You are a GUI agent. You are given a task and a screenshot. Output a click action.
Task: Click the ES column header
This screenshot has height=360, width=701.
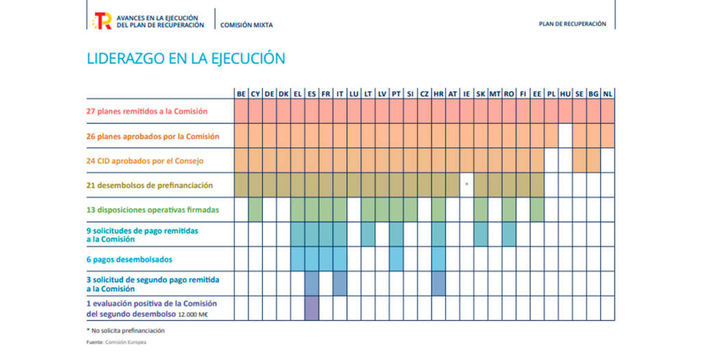(311, 94)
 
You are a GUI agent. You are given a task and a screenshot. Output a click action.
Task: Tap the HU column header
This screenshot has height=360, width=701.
(565, 94)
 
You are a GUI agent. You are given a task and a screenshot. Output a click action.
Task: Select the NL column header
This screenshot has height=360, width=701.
(608, 94)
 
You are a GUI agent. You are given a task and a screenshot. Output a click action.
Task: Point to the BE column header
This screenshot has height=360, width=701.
(242, 94)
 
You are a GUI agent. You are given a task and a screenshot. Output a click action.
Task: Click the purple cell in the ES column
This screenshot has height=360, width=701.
(311, 308)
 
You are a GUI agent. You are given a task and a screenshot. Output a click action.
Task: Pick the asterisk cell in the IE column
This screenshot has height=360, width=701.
(467, 185)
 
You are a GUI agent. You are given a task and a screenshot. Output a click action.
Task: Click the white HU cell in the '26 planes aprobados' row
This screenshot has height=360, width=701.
(565, 136)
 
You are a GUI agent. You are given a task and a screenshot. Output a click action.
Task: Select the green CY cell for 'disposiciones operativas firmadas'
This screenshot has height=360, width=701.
(255, 209)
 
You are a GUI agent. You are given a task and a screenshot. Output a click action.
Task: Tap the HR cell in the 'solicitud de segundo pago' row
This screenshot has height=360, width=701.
(439, 283)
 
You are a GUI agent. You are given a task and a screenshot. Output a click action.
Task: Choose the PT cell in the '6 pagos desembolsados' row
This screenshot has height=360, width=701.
(396, 259)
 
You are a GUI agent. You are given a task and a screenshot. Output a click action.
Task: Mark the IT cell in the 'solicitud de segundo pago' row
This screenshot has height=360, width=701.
(340, 283)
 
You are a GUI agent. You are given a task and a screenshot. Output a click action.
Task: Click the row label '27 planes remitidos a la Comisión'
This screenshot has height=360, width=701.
(146, 112)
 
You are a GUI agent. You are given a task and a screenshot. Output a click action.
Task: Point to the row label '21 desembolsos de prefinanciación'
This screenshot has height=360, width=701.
(149, 185)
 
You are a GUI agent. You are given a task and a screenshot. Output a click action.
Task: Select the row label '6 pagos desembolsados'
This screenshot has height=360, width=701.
(129, 259)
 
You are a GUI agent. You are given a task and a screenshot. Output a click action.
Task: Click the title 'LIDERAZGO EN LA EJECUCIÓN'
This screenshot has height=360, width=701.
(186, 59)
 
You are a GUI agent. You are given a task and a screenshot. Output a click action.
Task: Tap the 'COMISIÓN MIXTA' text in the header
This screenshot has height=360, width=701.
(246, 25)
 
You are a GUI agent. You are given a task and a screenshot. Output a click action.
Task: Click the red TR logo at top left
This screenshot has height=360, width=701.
(102, 21)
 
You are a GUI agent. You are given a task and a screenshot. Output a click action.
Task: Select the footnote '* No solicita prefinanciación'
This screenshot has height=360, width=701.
(125, 331)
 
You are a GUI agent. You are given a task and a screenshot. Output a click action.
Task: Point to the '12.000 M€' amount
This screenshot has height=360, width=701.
(192, 315)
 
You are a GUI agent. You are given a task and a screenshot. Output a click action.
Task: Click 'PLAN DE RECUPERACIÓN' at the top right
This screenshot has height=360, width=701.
(572, 24)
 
